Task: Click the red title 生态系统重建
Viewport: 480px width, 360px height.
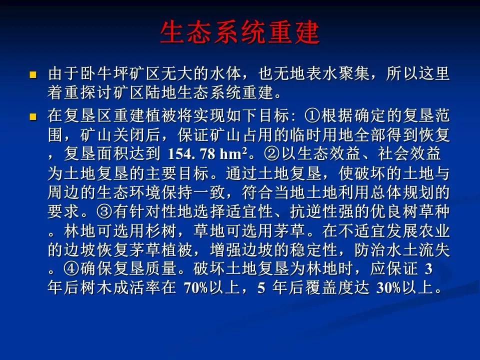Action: [x=240, y=32]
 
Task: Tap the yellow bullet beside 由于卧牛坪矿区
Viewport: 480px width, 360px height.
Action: [x=33, y=75]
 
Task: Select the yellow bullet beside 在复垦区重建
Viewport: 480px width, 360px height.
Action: [x=33, y=116]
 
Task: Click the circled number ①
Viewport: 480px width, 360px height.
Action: [x=312, y=115]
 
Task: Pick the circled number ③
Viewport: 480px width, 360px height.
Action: [x=104, y=211]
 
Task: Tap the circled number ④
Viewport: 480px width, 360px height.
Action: [x=72, y=268]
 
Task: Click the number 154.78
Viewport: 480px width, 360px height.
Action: [x=191, y=154]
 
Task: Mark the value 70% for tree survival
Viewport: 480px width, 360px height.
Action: [x=195, y=288]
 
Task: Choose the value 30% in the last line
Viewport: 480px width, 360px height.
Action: [x=388, y=288]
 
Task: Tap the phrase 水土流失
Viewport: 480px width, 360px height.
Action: [x=418, y=249]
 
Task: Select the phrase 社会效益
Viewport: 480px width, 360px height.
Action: [x=409, y=153]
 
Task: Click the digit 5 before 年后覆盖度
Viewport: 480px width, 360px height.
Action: [x=261, y=288]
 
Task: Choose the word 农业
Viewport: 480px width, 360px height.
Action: [x=434, y=230]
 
